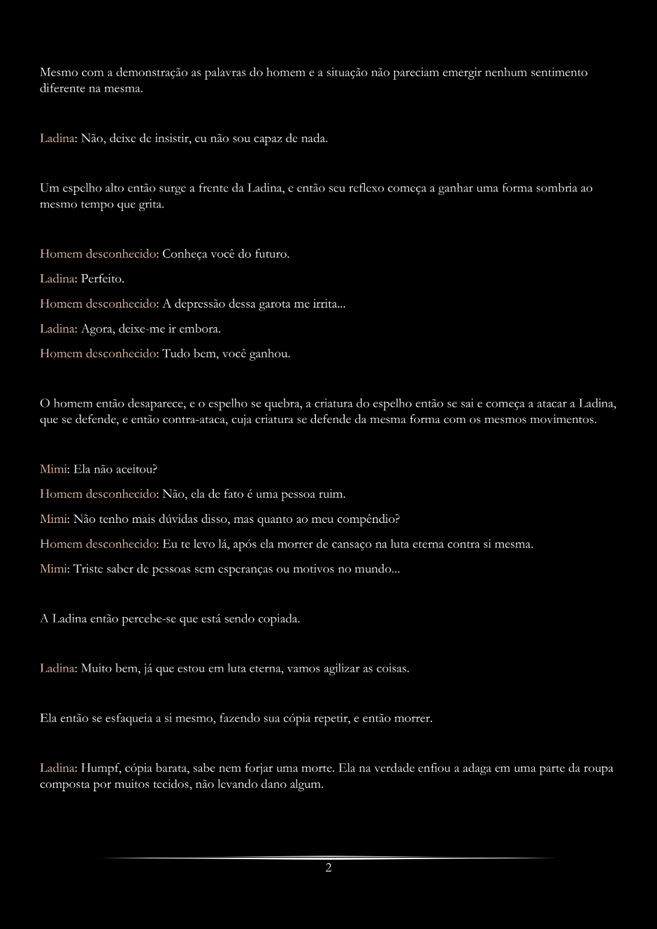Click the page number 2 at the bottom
pyautogui.click(x=328, y=868)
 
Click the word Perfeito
pyautogui.click(x=102, y=279)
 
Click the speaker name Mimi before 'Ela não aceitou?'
pyautogui.click(x=53, y=469)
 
